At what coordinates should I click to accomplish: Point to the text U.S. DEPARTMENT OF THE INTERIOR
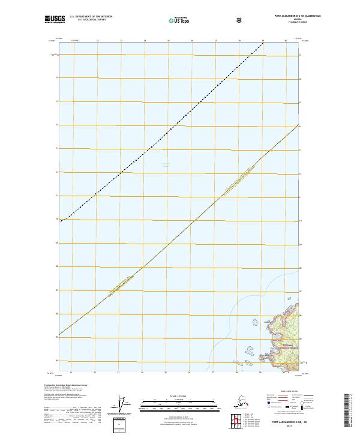[x=91, y=17]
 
